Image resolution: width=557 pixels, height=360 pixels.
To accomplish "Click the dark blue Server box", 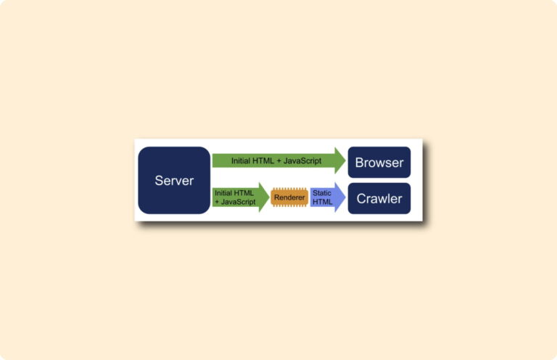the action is coord(174,180).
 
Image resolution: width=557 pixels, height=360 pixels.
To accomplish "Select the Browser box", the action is coord(379,162).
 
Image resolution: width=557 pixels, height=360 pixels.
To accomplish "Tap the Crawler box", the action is coord(379,198).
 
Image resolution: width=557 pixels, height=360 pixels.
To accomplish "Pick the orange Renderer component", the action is coord(289,197).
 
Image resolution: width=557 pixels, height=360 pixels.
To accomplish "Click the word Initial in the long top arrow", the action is coord(241,160).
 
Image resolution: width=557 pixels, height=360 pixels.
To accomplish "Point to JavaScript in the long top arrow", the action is coord(302,160).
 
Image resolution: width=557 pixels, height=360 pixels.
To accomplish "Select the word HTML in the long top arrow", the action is coord(263,160).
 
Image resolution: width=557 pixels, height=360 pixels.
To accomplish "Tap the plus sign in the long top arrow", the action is coord(278,161).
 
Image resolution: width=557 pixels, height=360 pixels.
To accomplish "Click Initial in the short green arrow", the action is coord(223,193).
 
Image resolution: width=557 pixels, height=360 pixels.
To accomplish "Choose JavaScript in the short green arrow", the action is coord(239,202).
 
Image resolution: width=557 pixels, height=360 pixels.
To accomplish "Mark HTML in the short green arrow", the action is coord(244,193).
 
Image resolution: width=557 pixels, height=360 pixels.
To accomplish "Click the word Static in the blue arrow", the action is coord(322,193).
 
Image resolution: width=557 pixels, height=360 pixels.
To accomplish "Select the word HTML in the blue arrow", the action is coord(323,202).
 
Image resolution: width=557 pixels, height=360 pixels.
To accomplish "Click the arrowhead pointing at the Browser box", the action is coord(339,160).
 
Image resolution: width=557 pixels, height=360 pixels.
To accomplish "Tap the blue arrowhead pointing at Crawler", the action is coord(339,197).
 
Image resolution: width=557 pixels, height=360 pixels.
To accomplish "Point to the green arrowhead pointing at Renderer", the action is coord(264,197).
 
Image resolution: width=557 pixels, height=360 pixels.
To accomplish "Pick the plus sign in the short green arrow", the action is coord(217,202).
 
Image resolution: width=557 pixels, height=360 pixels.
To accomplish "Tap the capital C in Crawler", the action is coord(361,199).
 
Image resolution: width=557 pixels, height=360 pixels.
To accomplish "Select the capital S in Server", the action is coord(158,181).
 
